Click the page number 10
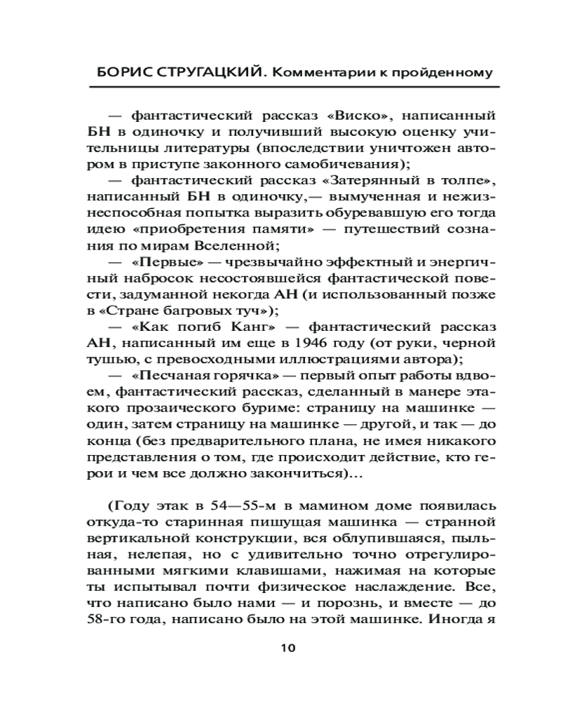(x=288, y=647)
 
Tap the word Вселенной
(x=236, y=245)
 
